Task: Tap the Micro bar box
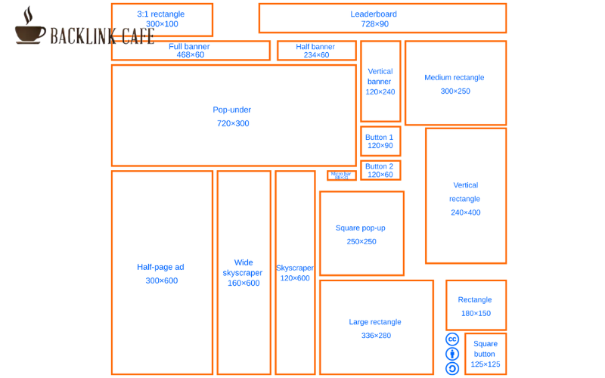pyautogui.click(x=342, y=175)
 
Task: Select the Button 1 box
pyautogui.click(x=380, y=141)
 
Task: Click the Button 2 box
pyautogui.click(x=380, y=170)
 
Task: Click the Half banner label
pyautogui.click(x=316, y=47)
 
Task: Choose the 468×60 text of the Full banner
pyautogui.click(x=191, y=54)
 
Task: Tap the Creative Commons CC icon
pyautogui.click(x=452, y=339)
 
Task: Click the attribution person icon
pyautogui.click(x=452, y=354)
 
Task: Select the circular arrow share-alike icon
pyautogui.click(x=452, y=368)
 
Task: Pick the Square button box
pyautogui.click(x=485, y=354)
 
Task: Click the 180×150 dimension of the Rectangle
pyautogui.click(x=476, y=313)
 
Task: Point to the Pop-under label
pyautogui.click(x=232, y=110)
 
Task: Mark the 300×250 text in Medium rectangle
pyautogui.click(x=455, y=91)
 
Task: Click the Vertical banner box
pyautogui.click(x=380, y=82)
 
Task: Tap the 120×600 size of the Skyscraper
pyautogui.click(x=295, y=278)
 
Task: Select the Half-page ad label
pyautogui.click(x=161, y=267)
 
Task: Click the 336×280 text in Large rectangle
pyautogui.click(x=376, y=336)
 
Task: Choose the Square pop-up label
pyautogui.click(x=361, y=228)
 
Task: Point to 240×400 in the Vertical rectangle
pyautogui.click(x=466, y=212)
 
